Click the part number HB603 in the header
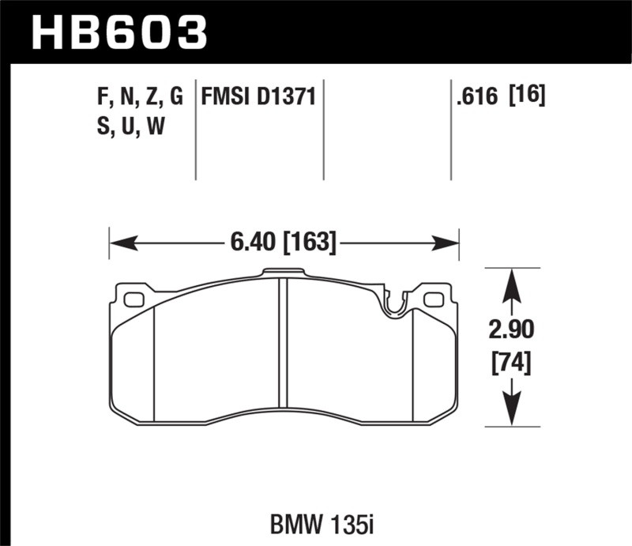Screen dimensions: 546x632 (x=118, y=32)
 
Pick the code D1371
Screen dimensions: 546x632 (x=288, y=97)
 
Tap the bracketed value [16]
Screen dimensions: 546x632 (x=527, y=97)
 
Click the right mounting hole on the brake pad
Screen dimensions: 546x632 (x=433, y=299)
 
